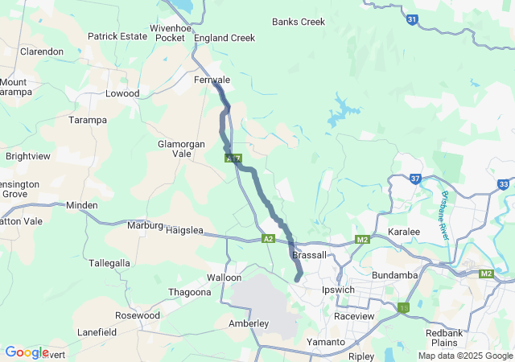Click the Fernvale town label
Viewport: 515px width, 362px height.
coord(212,80)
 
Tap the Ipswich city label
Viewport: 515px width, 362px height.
coord(338,290)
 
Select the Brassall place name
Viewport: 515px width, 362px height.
coord(310,255)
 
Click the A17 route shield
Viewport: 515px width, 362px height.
coord(233,158)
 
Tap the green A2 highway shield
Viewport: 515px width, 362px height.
coord(268,239)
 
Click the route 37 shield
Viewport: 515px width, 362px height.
coord(415,179)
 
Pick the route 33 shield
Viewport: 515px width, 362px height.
coord(503,184)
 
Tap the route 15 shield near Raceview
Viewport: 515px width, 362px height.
coord(403,307)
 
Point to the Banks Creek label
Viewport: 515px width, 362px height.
coord(299,22)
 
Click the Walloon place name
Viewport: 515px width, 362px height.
coord(224,278)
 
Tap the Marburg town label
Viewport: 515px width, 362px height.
coord(146,225)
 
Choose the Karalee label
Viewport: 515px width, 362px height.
coord(404,232)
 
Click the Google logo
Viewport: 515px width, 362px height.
coord(27,352)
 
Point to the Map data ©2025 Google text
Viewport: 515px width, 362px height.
coord(465,356)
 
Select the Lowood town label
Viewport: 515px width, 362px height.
coord(122,93)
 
